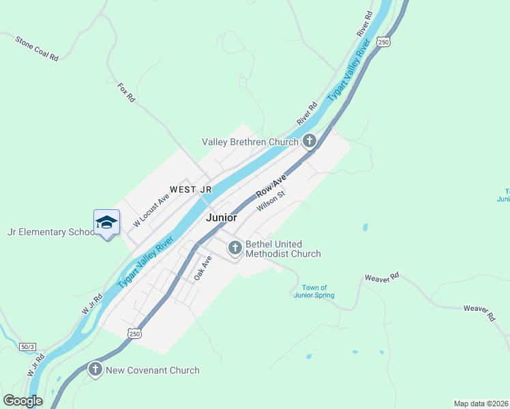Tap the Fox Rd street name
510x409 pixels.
127,93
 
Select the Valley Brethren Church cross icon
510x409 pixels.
310,142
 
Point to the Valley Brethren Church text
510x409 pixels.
250,142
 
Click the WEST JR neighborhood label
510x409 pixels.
191,189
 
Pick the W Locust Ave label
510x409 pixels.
151,210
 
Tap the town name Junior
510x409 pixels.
222,218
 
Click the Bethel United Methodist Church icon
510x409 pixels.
235,248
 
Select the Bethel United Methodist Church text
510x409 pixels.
283,249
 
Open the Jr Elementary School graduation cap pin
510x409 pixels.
107,222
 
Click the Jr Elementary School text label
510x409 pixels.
51,232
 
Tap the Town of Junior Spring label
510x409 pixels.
314,291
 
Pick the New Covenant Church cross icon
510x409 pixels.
95,370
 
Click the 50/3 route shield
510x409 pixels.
27,347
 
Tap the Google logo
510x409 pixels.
22,401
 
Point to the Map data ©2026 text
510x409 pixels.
480,404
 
